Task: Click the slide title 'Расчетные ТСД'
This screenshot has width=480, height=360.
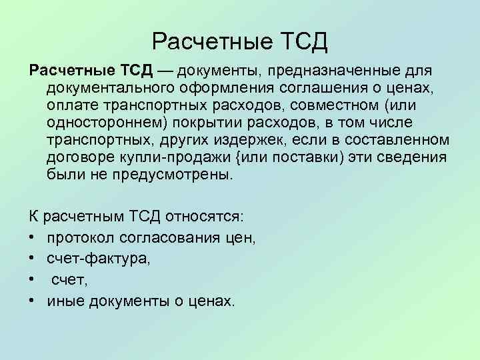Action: tap(240, 41)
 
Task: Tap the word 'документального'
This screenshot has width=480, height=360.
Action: tap(107, 88)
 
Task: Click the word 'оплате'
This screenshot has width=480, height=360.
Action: tap(69, 105)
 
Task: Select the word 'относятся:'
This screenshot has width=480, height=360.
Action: tap(207, 218)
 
